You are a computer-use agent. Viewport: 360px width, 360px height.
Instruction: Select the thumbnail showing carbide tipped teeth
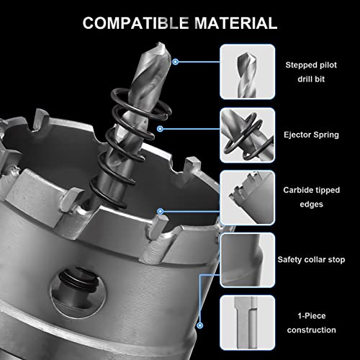point(247,196)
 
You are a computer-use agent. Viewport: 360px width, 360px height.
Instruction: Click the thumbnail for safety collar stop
point(247,258)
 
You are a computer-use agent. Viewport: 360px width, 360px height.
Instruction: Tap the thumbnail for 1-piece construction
point(247,322)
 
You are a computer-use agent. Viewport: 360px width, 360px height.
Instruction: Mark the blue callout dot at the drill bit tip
point(176,62)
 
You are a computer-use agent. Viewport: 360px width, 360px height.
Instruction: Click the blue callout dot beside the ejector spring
point(161,129)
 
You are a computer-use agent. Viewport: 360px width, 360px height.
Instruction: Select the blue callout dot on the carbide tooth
point(161,211)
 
